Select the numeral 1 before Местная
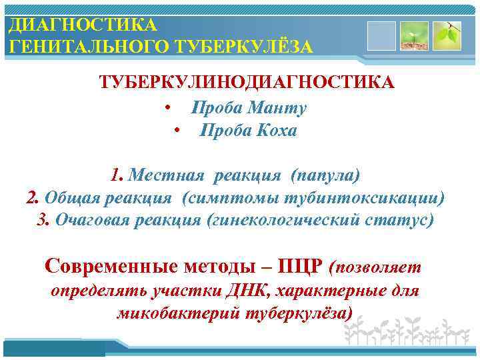point(117,175)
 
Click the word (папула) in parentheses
point(325,175)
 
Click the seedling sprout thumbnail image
point(413,35)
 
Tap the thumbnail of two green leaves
point(447,35)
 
